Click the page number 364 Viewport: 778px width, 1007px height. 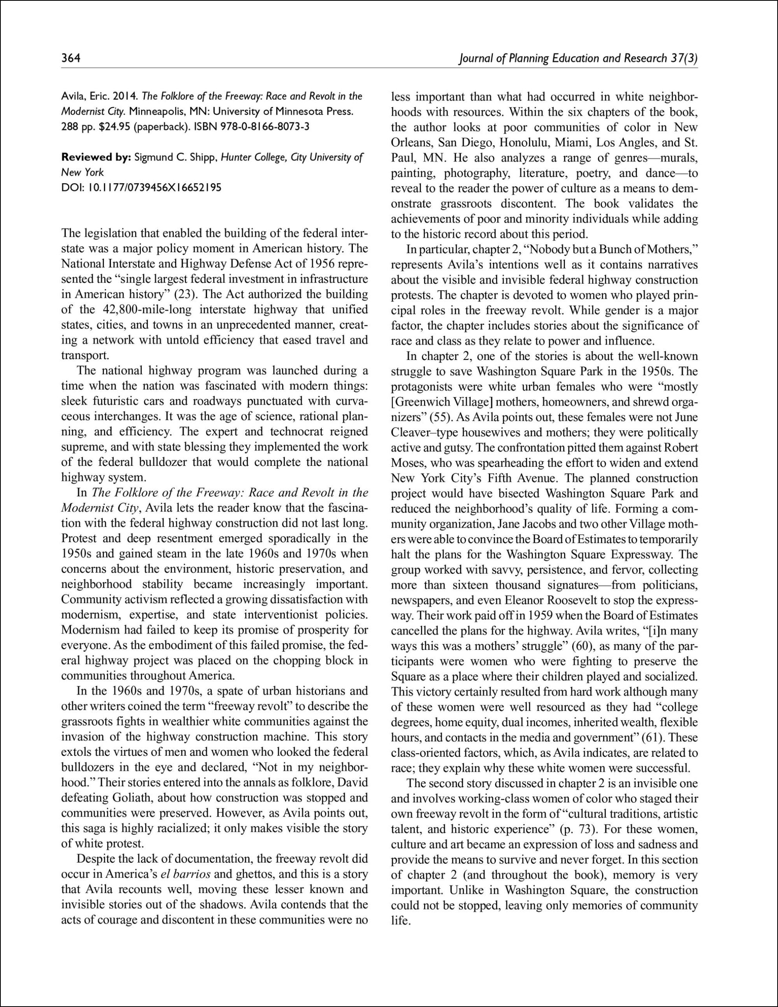[71, 58]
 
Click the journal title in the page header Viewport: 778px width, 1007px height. [578, 58]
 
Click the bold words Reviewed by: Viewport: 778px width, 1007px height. [96, 157]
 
